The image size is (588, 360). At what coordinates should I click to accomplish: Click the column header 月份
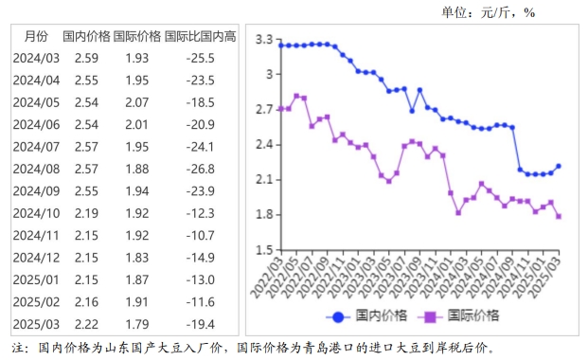click(36, 37)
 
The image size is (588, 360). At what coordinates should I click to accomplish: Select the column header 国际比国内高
click(200, 37)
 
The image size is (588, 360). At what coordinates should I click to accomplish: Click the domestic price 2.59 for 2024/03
click(87, 59)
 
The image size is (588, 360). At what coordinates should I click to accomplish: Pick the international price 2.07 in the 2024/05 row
click(137, 102)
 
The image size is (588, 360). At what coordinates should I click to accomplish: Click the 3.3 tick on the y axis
click(264, 40)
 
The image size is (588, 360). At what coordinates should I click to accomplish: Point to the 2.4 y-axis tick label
click(264, 144)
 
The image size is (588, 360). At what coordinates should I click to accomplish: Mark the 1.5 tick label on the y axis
click(264, 248)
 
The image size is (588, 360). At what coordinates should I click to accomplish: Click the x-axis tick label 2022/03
click(272, 275)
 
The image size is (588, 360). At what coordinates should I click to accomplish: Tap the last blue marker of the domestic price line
click(558, 166)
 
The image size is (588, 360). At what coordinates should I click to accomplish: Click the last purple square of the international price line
click(558, 216)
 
